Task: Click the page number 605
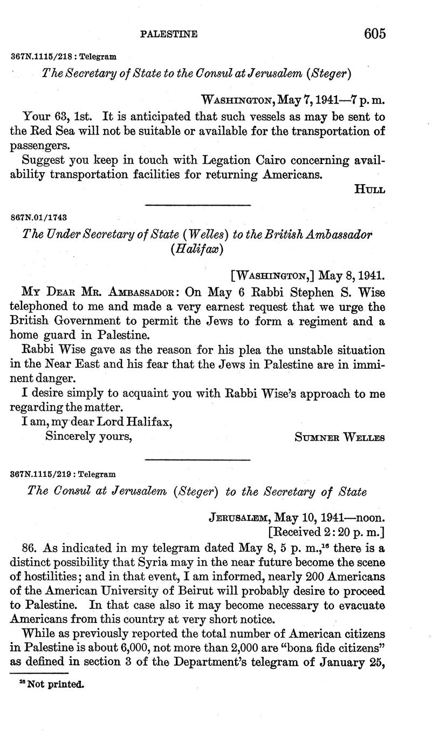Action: click(375, 33)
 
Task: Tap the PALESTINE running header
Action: click(169, 35)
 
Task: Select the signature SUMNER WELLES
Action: click(340, 437)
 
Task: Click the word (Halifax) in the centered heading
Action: click(196, 249)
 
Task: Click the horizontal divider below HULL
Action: click(198, 205)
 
